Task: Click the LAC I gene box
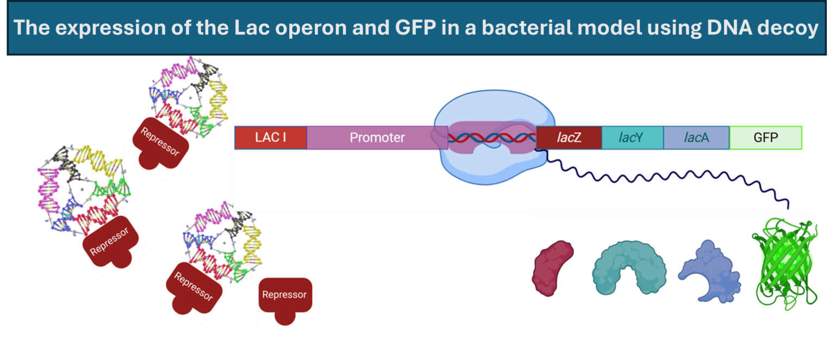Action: click(271, 138)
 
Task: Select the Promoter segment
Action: click(377, 138)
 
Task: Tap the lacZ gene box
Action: click(569, 138)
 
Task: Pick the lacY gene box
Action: click(632, 138)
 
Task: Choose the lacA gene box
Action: click(696, 138)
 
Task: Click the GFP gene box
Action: click(765, 138)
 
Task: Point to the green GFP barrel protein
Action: click(785, 265)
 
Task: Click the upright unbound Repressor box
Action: click(285, 298)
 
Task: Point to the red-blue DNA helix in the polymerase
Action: click(489, 138)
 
